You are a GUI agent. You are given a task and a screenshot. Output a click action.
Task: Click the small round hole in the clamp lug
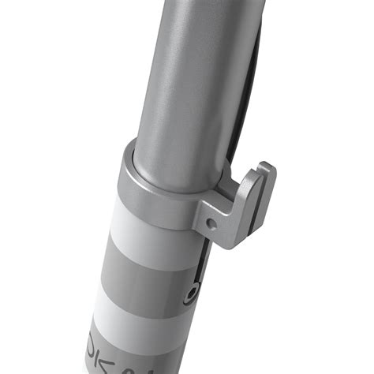pyautogui.click(x=211, y=223)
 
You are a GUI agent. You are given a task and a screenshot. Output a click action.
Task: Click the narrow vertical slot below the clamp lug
pyautogui.click(x=199, y=264)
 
